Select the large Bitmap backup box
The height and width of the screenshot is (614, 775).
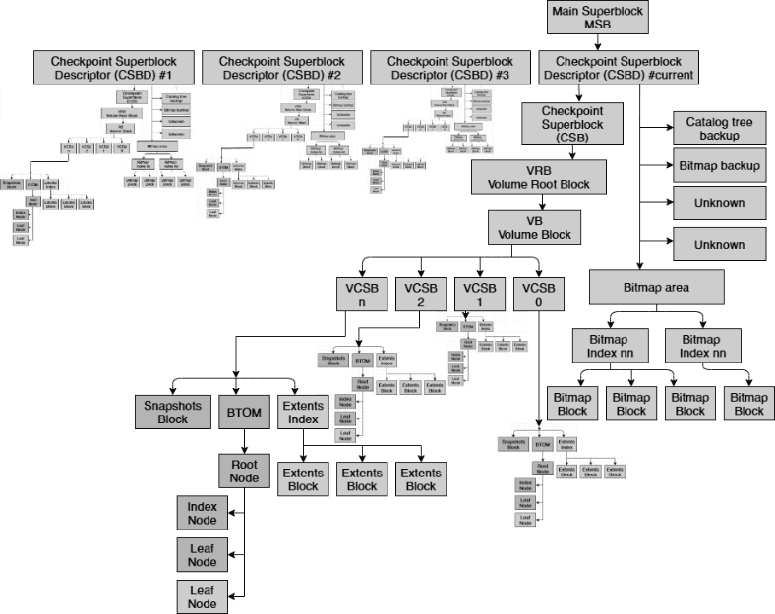(719, 165)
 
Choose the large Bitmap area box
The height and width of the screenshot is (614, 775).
(657, 288)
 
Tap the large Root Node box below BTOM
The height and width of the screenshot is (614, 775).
(244, 471)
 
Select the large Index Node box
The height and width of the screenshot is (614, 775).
(203, 513)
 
